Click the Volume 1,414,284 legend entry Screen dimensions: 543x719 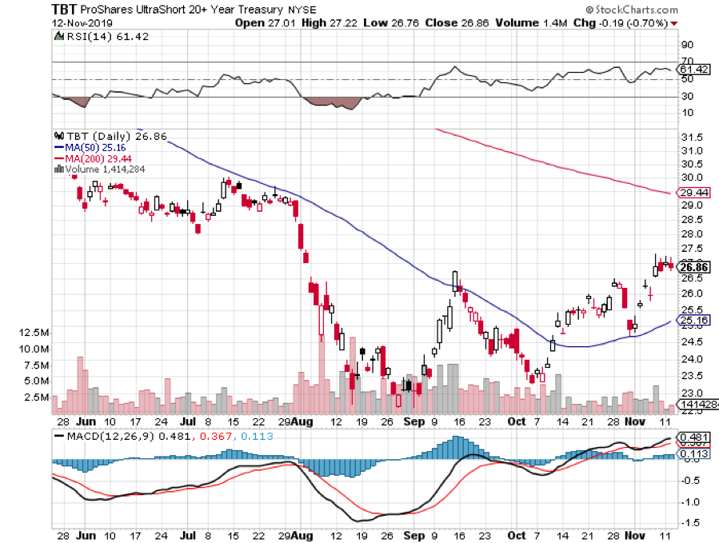(100, 169)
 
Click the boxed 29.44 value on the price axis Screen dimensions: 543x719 (692, 193)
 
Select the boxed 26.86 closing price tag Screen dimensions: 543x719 (692, 266)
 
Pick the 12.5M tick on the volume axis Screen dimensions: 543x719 (35, 332)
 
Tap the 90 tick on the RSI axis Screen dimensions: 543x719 (687, 46)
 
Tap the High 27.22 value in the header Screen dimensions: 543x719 (326, 22)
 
